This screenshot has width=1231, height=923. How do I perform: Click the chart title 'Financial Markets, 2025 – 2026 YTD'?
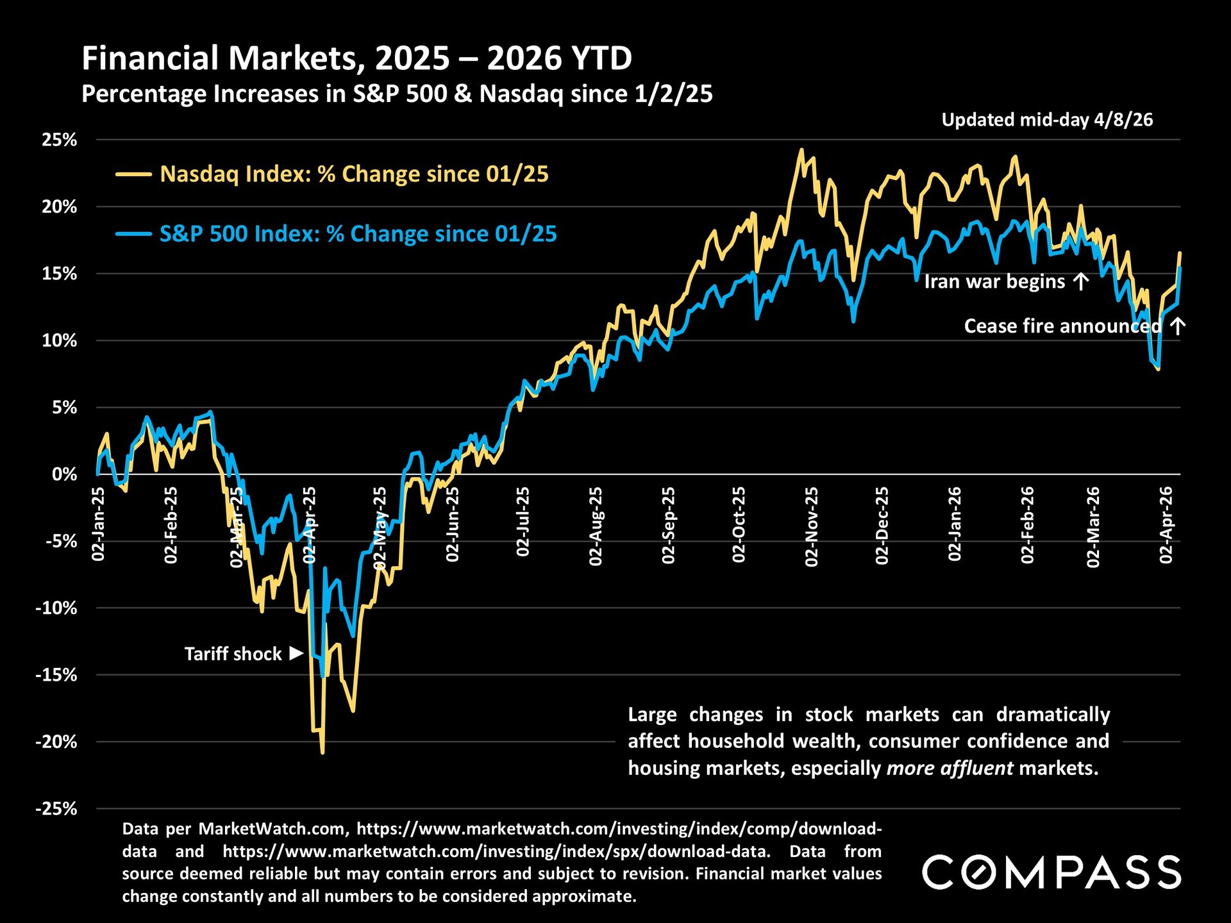click(x=356, y=58)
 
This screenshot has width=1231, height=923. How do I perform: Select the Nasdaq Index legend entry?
click(x=353, y=174)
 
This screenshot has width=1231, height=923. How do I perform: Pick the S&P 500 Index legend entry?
click(x=357, y=234)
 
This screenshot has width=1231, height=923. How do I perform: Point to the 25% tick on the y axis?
click(x=59, y=140)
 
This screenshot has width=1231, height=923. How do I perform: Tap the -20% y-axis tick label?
click(x=56, y=742)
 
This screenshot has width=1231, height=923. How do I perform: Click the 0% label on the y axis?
click(x=64, y=474)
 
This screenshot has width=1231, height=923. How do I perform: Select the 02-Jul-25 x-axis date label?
click(x=524, y=522)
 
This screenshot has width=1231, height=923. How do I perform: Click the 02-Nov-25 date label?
click(x=812, y=527)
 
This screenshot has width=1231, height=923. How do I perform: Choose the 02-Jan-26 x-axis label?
click(x=955, y=524)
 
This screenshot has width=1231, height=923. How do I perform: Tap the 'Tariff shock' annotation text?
click(x=233, y=654)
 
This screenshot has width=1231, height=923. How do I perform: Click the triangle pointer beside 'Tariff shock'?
click(x=296, y=653)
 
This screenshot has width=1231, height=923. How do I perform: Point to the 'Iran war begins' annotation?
click(x=994, y=281)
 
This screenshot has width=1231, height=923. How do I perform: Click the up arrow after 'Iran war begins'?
click(x=1081, y=281)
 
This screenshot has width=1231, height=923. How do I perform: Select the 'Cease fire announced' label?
click(x=1062, y=326)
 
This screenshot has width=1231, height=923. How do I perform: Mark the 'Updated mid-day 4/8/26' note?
click(x=1047, y=120)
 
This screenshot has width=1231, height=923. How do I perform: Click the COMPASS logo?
click(x=1051, y=872)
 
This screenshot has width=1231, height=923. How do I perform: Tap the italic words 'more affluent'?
click(x=950, y=768)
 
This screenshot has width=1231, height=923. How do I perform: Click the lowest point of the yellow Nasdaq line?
click(x=322, y=753)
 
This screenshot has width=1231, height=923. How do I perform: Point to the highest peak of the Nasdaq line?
click(x=801, y=150)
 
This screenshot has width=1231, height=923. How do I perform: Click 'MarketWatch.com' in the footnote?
click(x=273, y=829)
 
